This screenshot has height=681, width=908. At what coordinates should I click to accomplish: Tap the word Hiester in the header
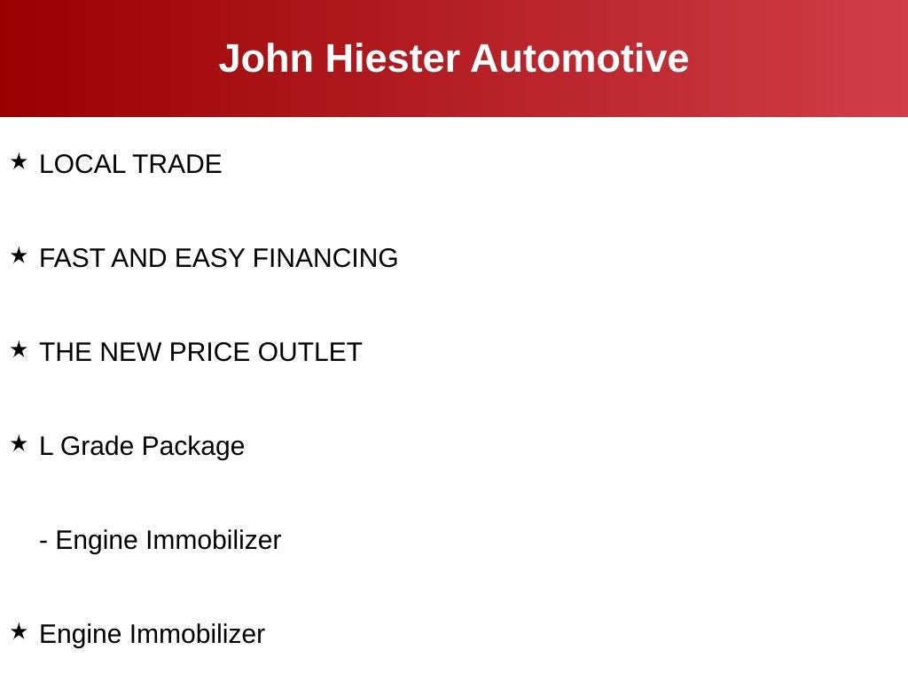click(393, 59)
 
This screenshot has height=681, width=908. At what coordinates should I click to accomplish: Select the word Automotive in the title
click(579, 59)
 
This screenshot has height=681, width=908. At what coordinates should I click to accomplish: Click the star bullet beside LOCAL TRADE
click(19, 161)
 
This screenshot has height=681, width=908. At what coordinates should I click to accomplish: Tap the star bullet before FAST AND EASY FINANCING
click(19, 255)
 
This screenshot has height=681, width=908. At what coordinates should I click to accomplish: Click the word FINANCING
click(325, 258)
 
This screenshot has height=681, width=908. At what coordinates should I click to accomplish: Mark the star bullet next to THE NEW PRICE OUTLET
click(19, 349)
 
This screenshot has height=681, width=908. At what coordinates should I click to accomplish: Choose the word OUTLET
click(309, 352)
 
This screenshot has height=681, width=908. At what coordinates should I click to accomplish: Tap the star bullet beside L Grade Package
click(19, 443)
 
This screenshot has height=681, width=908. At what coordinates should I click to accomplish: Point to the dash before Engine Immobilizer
click(43, 542)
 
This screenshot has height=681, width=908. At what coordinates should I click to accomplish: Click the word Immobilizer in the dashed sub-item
click(213, 540)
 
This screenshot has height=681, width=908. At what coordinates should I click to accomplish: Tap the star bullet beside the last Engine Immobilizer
click(19, 631)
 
